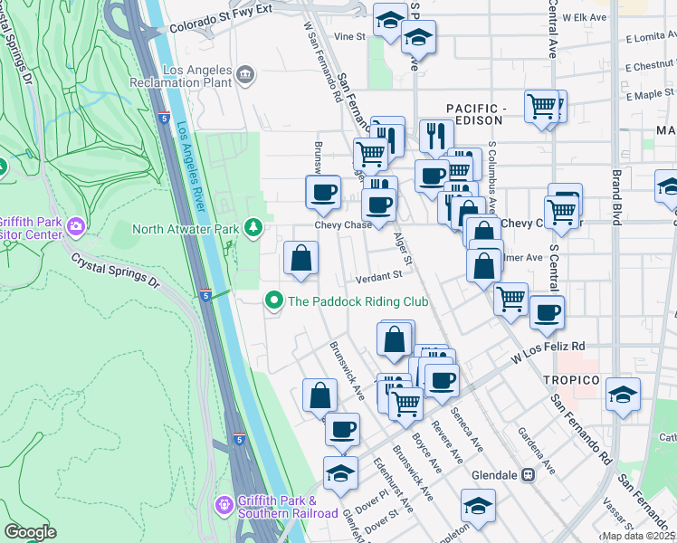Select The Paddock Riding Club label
click(x=358, y=300)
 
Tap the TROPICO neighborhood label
click(x=571, y=379)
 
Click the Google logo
click(x=30, y=531)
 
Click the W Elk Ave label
click(x=582, y=17)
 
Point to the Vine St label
click(x=348, y=37)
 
